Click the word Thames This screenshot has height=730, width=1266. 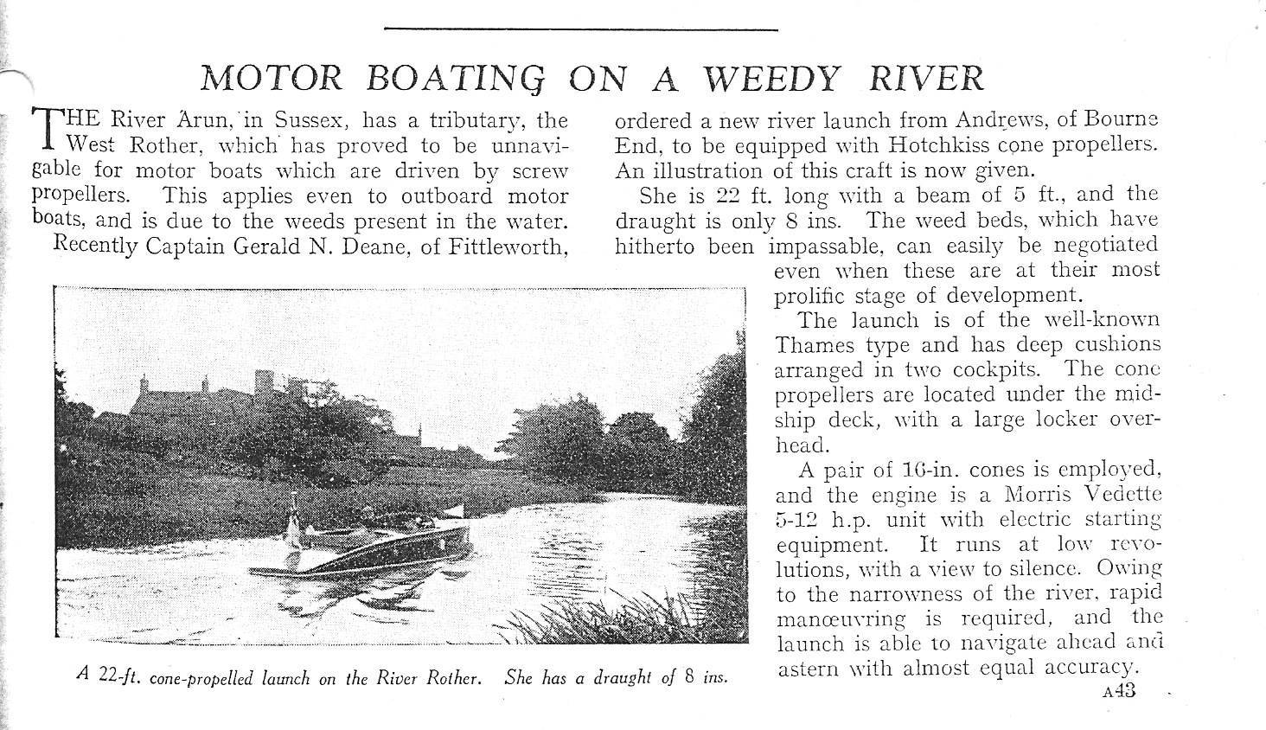coord(814,346)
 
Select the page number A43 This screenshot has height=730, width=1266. coord(1120,691)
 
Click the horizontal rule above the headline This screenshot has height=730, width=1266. coord(580,29)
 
